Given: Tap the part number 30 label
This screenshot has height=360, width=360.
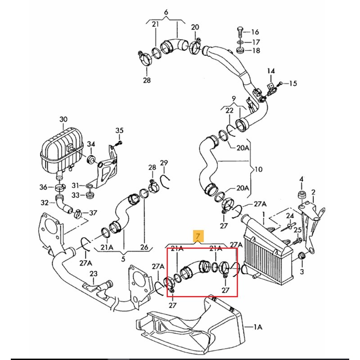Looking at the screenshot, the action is click(x=63, y=119).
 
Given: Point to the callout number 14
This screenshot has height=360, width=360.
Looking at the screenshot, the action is click(x=271, y=71).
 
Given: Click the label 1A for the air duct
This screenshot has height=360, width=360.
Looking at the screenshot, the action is click(x=257, y=327).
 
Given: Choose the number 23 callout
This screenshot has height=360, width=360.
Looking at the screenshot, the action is click(x=94, y=274).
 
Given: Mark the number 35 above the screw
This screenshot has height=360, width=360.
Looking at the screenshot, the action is click(x=119, y=130).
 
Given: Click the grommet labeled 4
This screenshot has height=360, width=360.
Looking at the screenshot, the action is click(x=301, y=195).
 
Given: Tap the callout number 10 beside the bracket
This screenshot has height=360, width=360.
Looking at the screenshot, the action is click(x=258, y=170).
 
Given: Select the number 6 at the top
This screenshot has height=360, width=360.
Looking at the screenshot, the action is click(x=166, y=12).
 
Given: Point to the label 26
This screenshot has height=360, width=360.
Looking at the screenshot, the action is click(x=144, y=247).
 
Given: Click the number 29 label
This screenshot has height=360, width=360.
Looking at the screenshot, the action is click(x=164, y=163).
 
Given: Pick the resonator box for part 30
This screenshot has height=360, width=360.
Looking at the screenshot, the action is click(x=61, y=150).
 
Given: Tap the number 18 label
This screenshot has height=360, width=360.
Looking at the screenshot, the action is click(x=256, y=50).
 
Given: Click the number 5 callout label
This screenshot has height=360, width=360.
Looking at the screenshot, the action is click(x=123, y=259).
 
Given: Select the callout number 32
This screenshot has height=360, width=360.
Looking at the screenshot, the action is click(x=45, y=203).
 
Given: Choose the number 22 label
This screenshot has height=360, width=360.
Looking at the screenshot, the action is click(x=229, y=110).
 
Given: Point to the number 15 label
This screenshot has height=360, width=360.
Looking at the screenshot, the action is click(x=293, y=83).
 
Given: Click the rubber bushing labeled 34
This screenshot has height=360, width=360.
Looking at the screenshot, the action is click(x=91, y=160).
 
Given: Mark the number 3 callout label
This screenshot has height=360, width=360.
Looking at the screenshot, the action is click(x=301, y=272).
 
